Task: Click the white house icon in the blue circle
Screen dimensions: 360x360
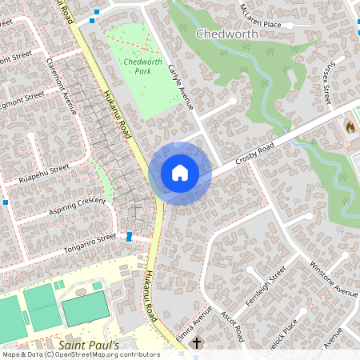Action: tap(179, 172)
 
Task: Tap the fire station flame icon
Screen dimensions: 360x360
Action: tap(350, 126)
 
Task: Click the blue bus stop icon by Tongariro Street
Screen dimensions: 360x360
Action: tap(130, 237)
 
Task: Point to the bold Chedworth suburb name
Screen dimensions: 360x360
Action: tap(226, 35)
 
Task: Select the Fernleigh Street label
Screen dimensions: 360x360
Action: tap(265, 285)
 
